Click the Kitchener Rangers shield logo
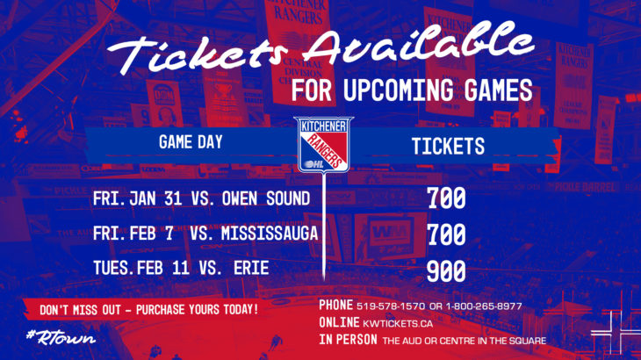[x=323, y=144]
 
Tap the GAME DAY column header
[x=191, y=142]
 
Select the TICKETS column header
[x=448, y=147]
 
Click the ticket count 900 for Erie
[x=446, y=271]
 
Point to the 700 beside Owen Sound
[x=446, y=198]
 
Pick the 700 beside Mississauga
[x=446, y=234]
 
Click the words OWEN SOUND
[x=266, y=198]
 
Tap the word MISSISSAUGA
[x=270, y=234]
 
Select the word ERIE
[x=251, y=268]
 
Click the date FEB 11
[x=163, y=268]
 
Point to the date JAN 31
[x=155, y=198]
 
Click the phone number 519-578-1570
[x=391, y=306]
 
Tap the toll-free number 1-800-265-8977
[x=484, y=306]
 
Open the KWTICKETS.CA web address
[x=398, y=324]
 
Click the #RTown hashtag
[x=61, y=337]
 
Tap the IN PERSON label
[x=349, y=340]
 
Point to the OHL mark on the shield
[x=314, y=164]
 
